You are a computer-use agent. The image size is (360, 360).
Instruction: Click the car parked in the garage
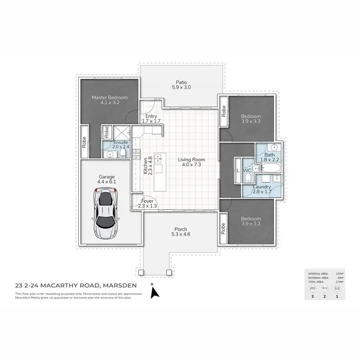[x=107, y=214]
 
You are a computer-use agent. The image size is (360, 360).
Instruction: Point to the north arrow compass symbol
[x=154, y=292]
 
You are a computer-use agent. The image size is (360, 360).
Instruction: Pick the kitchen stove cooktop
[x=137, y=142]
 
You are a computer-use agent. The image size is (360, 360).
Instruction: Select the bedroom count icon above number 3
[x=313, y=288]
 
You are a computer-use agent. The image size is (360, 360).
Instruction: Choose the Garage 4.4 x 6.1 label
[x=107, y=180]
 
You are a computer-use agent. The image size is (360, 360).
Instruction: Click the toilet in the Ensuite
[x=122, y=153]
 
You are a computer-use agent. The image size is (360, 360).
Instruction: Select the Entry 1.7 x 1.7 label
[x=150, y=119]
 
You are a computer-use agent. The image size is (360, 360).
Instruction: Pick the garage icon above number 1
[x=336, y=288]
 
